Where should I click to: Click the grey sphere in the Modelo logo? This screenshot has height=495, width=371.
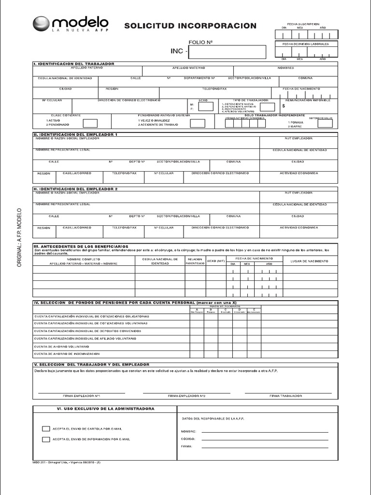41,24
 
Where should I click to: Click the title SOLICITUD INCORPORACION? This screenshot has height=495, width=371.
190,26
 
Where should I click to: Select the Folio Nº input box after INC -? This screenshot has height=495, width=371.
227,51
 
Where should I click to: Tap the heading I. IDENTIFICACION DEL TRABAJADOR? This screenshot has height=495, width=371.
73,64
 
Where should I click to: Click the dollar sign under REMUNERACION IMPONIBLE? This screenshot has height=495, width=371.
284,105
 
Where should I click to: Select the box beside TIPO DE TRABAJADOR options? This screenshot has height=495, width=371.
267,107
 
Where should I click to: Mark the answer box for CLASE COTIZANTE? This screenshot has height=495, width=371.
90,123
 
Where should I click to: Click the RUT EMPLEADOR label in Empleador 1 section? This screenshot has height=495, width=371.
299,138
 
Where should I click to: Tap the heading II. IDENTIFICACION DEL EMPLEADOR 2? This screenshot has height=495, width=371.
75,189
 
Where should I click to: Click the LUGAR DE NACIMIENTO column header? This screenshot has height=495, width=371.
309,261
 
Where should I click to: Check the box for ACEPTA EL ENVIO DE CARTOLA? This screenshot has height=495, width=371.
46,429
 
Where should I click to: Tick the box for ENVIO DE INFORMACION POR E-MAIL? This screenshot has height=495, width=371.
46,439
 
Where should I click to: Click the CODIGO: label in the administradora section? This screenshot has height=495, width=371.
188,439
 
